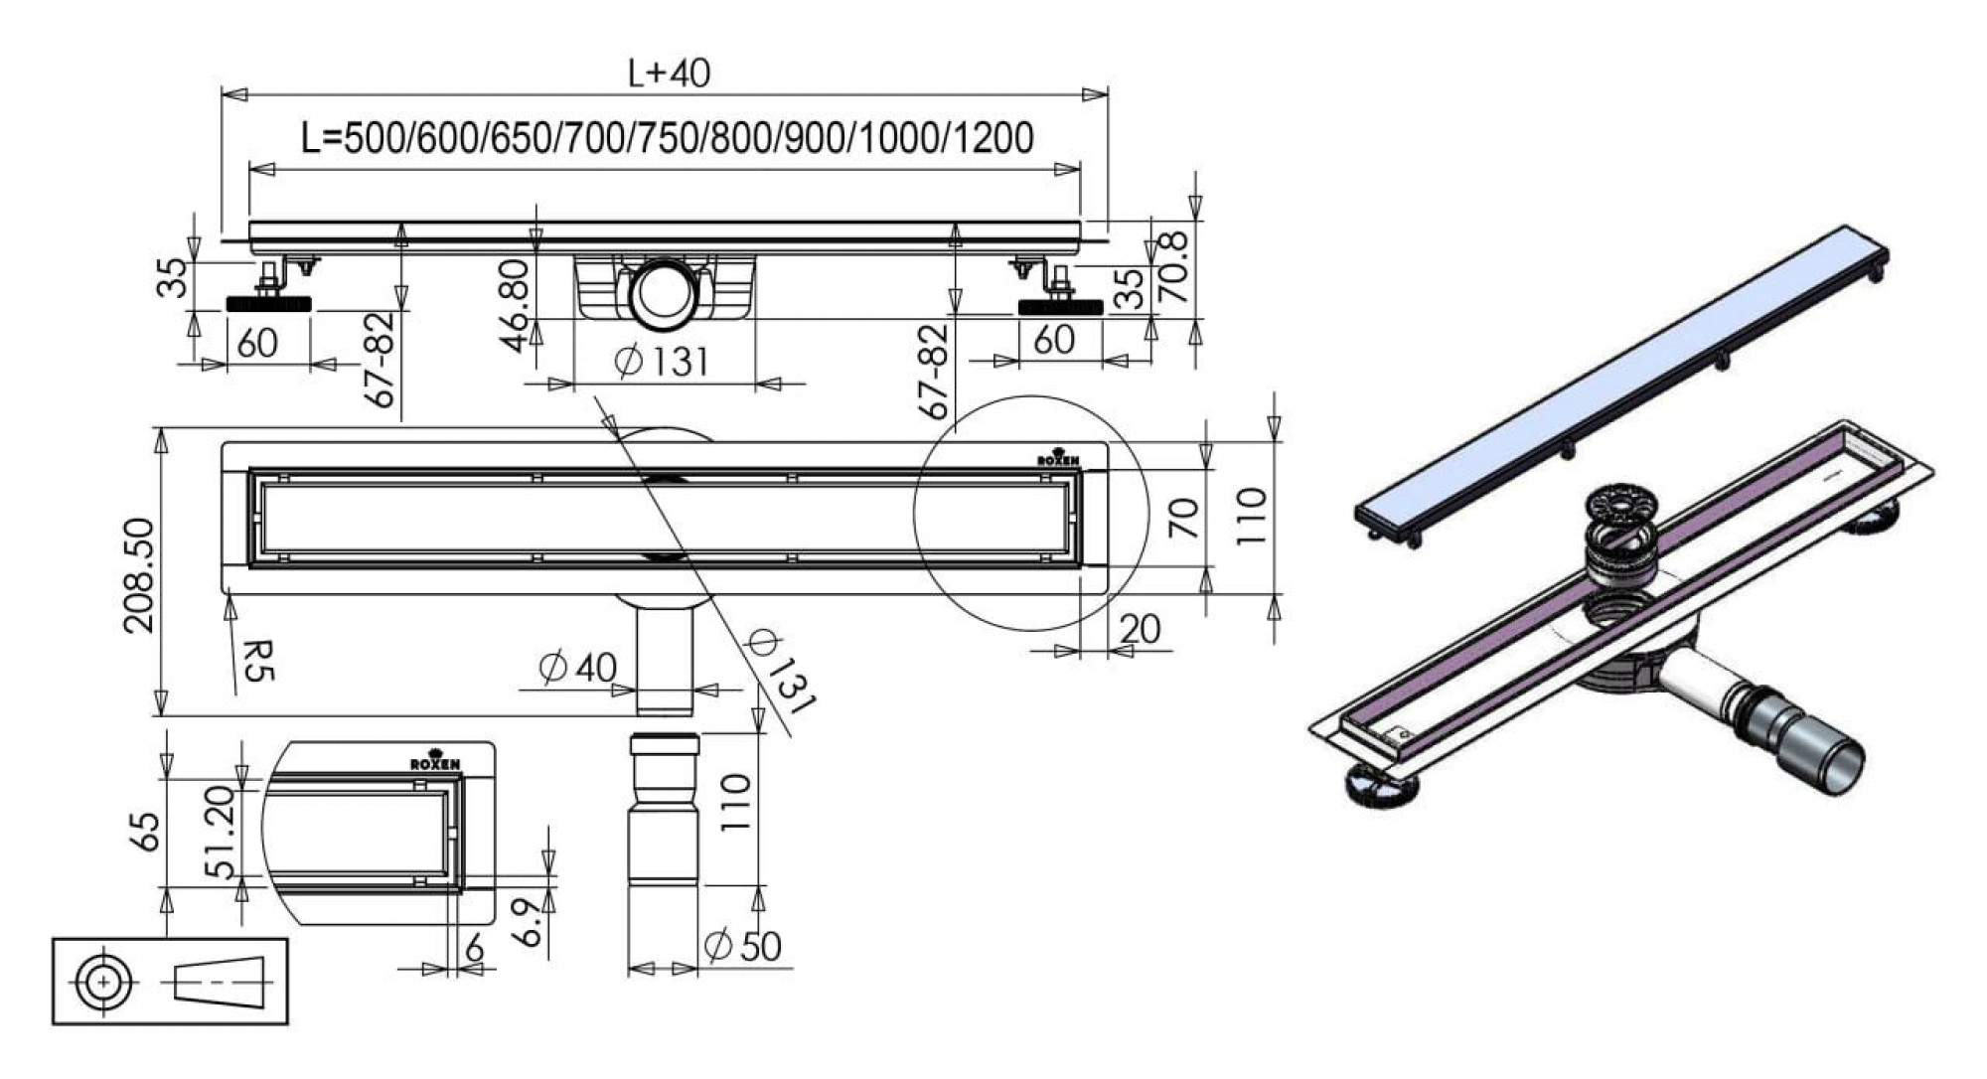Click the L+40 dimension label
point(669,73)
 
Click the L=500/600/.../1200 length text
point(668,137)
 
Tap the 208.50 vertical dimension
point(139,575)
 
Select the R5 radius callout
point(256,660)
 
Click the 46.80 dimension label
point(516,306)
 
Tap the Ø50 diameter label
point(742,946)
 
